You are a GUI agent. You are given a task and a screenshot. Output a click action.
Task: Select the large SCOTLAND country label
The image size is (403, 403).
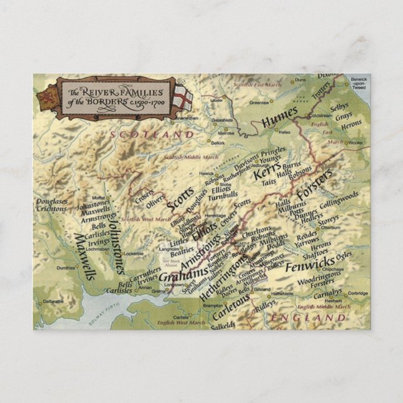[152, 134]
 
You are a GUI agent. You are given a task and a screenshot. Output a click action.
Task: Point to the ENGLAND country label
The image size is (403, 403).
[307, 318]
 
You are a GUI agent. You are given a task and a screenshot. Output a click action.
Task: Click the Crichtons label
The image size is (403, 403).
[52, 208]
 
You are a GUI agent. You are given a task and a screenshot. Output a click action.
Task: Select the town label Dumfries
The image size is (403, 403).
[66, 267]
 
